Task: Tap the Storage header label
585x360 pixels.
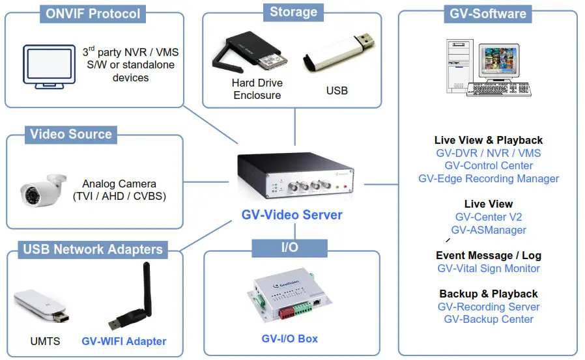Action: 293,12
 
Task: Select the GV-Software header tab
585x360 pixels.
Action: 488,14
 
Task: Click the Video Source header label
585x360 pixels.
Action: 71,135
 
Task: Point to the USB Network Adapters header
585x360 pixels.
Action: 93,249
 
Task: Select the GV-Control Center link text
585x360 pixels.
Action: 488,165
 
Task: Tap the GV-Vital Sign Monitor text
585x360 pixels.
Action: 488,268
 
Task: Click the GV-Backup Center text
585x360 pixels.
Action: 488,319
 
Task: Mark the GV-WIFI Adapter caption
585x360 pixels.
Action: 124,341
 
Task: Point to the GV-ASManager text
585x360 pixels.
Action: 488,230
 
